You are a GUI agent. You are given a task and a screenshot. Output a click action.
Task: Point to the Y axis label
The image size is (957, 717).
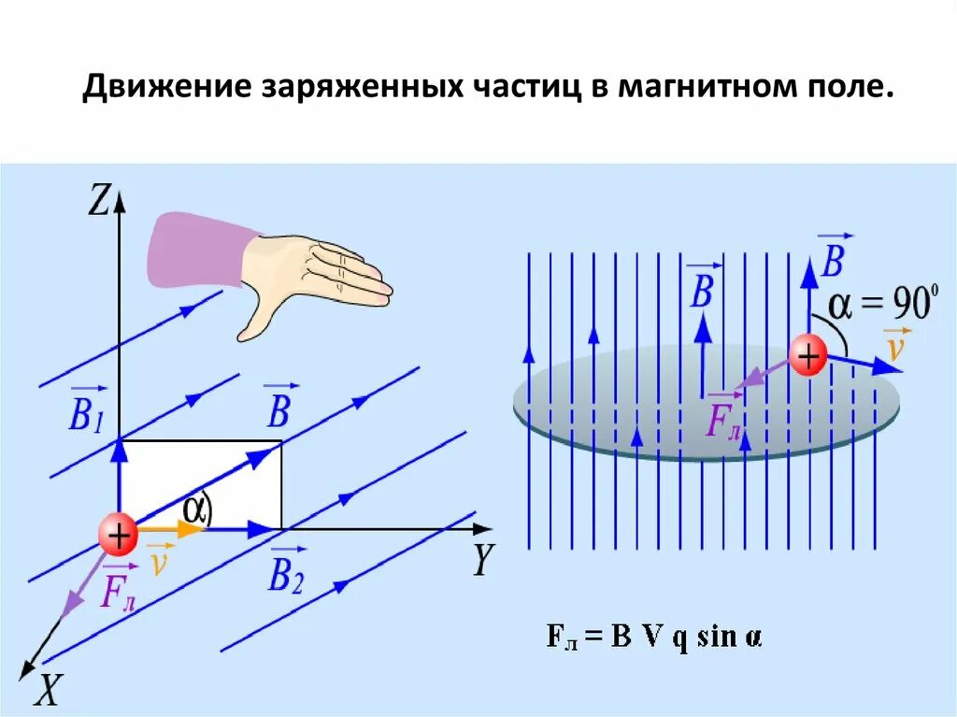coord(481,559)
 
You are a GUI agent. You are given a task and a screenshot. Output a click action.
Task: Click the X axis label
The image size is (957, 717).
coord(49,690)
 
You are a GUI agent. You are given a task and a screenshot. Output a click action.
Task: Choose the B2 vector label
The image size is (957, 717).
coord(285,573)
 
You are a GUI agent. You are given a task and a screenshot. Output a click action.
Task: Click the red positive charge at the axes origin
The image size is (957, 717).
coord(119,536)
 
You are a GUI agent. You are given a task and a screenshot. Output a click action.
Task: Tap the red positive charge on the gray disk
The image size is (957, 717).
coord(807,356)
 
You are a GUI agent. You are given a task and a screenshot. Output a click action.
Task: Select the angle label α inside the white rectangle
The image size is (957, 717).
coord(196,509)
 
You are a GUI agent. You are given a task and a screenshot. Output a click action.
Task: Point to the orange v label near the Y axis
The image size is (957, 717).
coord(160,562)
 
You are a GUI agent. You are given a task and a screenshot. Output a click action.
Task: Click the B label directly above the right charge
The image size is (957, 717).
coord(831,259)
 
